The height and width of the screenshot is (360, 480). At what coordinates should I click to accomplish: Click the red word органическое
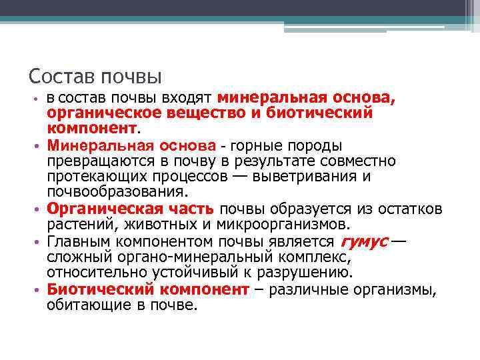point(98,113)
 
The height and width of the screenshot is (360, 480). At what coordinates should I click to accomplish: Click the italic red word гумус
point(364,241)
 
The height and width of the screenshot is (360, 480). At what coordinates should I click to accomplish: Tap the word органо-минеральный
point(191,257)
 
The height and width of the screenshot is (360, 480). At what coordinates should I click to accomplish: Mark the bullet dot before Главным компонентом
point(39,242)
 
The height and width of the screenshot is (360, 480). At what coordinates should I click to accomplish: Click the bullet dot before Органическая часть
point(39,210)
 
